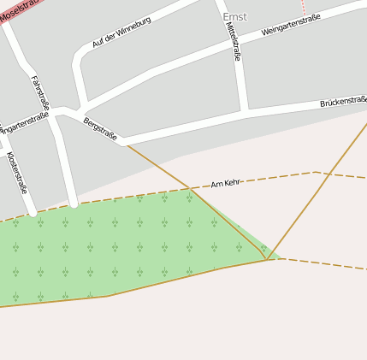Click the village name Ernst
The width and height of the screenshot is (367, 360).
click(x=234, y=17)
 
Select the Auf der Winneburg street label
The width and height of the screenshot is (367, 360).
click(x=121, y=32)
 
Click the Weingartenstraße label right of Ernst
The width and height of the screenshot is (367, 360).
click(x=291, y=24)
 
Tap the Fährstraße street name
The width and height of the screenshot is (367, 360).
click(x=40, y=92)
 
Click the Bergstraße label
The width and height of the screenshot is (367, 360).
click(x=100, y=129)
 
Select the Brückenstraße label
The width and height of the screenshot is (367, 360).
click(x=342, y=102)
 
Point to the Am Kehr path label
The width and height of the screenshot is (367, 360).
click(x=225, y=183)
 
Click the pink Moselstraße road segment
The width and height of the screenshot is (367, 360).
click(x=7, y=17)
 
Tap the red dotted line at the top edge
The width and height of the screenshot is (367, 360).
click(x=302, y=7)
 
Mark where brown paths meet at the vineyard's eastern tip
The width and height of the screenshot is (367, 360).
click(x=267, y=259)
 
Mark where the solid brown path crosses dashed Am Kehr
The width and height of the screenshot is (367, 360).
click(x=190, y=190)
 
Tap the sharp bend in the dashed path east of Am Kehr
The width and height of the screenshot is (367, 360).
click(x=315, y=172)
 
